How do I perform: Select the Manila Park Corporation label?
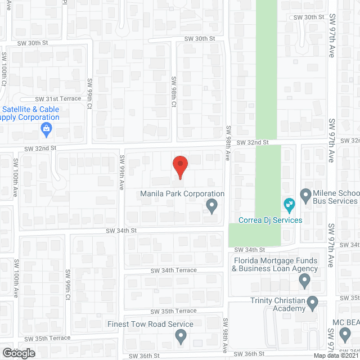(182, 194)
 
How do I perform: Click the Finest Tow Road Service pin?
(181, 336)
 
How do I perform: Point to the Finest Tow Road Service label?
(150, 324)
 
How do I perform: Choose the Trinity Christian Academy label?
(278, 304)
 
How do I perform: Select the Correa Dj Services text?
(271, 220)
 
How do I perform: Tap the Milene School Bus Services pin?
(306, 196)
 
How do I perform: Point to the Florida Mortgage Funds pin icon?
(305, 280)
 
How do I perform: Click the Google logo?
(18, 353)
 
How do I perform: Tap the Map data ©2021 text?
(335, 355)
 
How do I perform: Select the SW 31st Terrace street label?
(58, 98)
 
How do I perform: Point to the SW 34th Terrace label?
(173, 271)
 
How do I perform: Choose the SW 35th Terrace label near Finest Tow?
(173, 311)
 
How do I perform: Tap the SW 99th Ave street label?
(121, 173)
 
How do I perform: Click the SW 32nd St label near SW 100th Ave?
(40, 148)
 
